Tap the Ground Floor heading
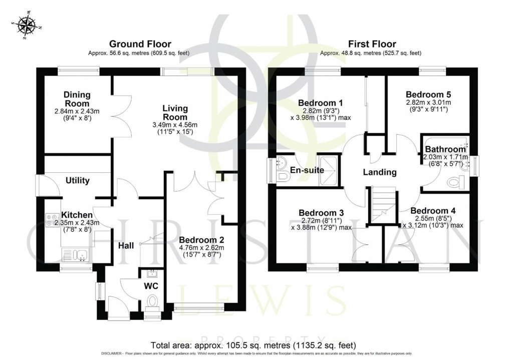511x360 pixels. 140,45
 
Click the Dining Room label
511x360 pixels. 76,99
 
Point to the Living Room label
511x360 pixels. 175,112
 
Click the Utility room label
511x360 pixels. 77,180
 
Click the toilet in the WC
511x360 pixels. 151,302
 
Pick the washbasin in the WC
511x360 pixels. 151,274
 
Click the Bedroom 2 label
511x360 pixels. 200,239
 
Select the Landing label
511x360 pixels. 380,172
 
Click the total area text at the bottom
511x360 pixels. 253,345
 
